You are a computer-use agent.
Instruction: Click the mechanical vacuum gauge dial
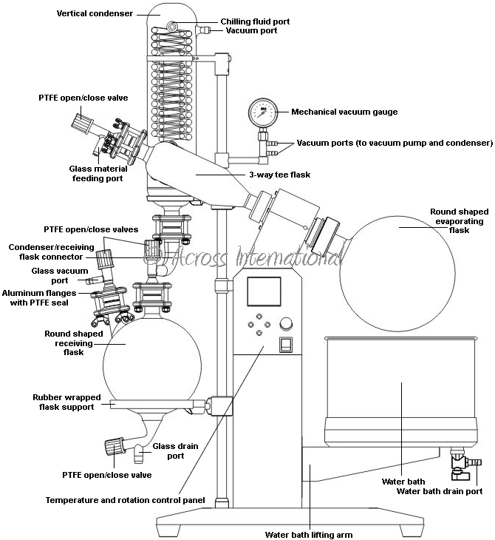[262, 112]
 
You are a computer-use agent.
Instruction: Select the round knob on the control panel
[286, 323]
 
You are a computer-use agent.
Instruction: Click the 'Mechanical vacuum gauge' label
[344, 112]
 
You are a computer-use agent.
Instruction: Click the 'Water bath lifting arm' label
[309, 533]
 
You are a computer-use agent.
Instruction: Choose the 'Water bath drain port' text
[440, 490]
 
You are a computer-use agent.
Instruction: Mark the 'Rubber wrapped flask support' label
[64, 402]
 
